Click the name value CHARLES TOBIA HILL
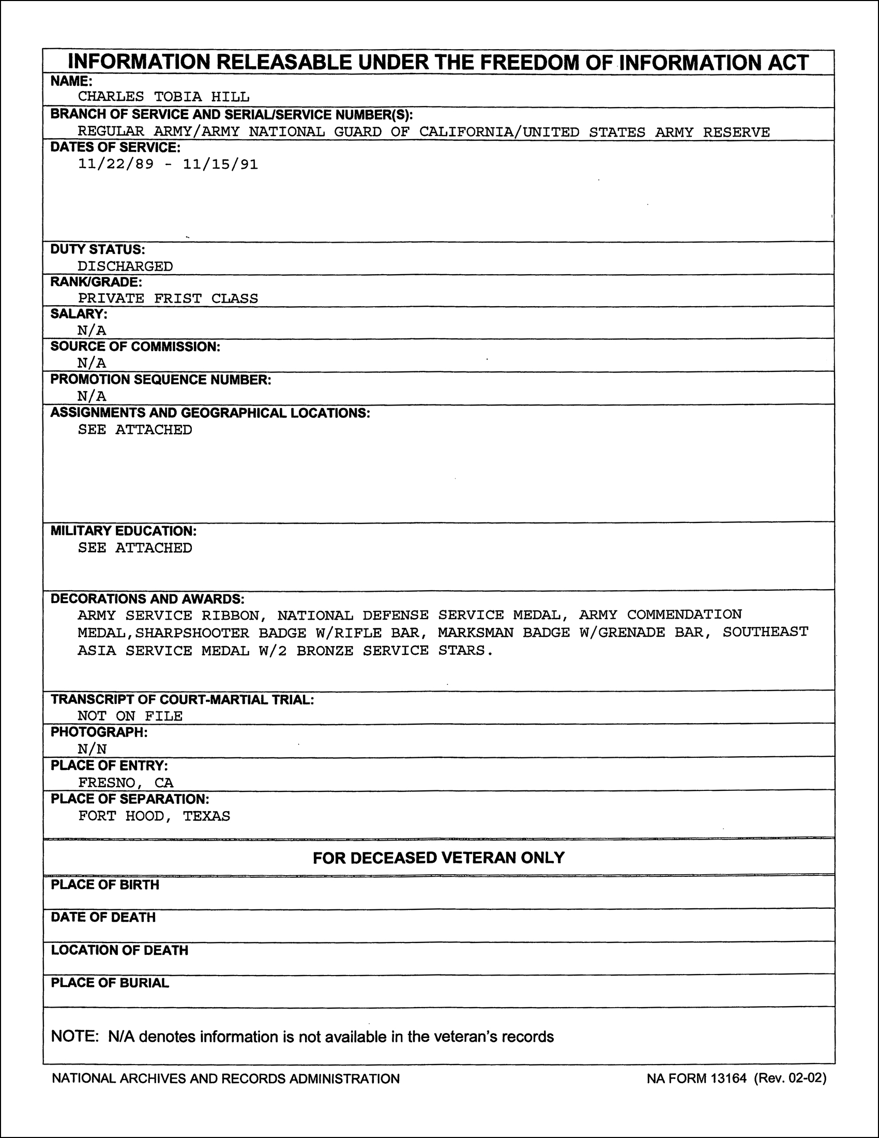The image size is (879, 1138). click(x=163, y=97)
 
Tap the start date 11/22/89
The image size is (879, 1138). click(x=116, y=164)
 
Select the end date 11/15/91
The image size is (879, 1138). click(x=220, y=164)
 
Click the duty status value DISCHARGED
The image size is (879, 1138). click(x=125, y=266)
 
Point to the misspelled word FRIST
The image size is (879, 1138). click(x=177, y=298)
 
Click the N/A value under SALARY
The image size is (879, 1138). click(x=92, y=331)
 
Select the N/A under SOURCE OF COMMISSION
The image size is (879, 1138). click(x=92, y=363)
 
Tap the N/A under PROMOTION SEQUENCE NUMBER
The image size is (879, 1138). click(x=92, y=396)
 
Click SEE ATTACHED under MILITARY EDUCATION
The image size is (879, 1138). click(x=135, y=548)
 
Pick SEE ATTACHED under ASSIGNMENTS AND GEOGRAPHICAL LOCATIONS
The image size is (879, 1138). click(x=135, y=430)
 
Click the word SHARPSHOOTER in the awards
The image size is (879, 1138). click(x=192, y=633)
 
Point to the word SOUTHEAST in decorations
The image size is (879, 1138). click(x=765, y=632)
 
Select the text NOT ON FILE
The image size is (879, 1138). click(x=130, y=716)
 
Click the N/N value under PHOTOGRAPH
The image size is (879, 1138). click(x=92, y=750)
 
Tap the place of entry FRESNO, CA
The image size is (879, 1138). click(x=126, y=783)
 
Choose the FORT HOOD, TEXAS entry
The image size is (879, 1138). click(x=154, y=816)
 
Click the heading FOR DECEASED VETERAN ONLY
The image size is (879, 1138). click(x=438, y=858)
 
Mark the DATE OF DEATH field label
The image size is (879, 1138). click(x=103, y=917)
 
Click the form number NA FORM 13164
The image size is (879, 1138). click(x=696, y=1078)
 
